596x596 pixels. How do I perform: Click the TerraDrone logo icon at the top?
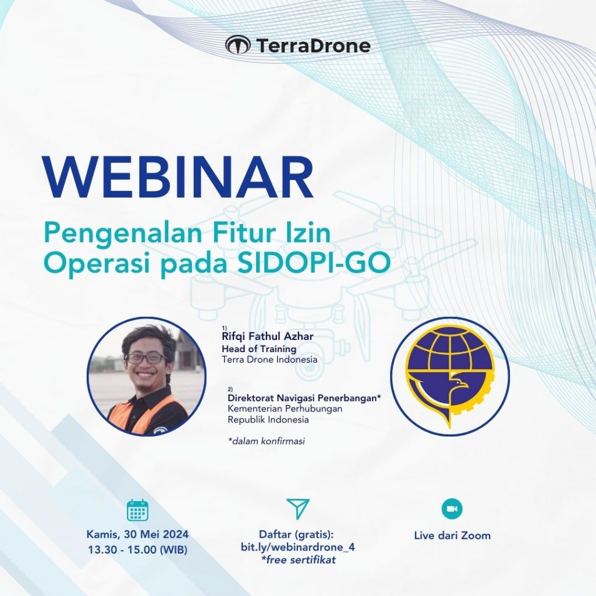(x=237, y=45)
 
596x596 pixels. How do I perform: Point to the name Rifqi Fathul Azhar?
(x=265, y=338)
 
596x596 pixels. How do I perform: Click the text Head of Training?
(x=258, y=349)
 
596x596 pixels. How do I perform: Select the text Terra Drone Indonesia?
(x=269, y=360)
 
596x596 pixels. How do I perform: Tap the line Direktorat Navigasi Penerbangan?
(x=303, y=398)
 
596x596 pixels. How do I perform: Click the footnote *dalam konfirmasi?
(x=266, y=441)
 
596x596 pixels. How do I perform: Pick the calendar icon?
(x=138, y=510)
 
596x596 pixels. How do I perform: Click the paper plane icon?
(x=298, y=509)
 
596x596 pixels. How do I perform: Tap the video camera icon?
(x=452, y=509)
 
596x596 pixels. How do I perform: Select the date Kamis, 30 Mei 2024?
(x=137, y=534)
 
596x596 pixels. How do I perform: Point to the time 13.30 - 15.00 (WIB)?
(x=137, y=548)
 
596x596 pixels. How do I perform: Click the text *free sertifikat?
(x=298, y=560)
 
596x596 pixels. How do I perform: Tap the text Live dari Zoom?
(x=452, y=535)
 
